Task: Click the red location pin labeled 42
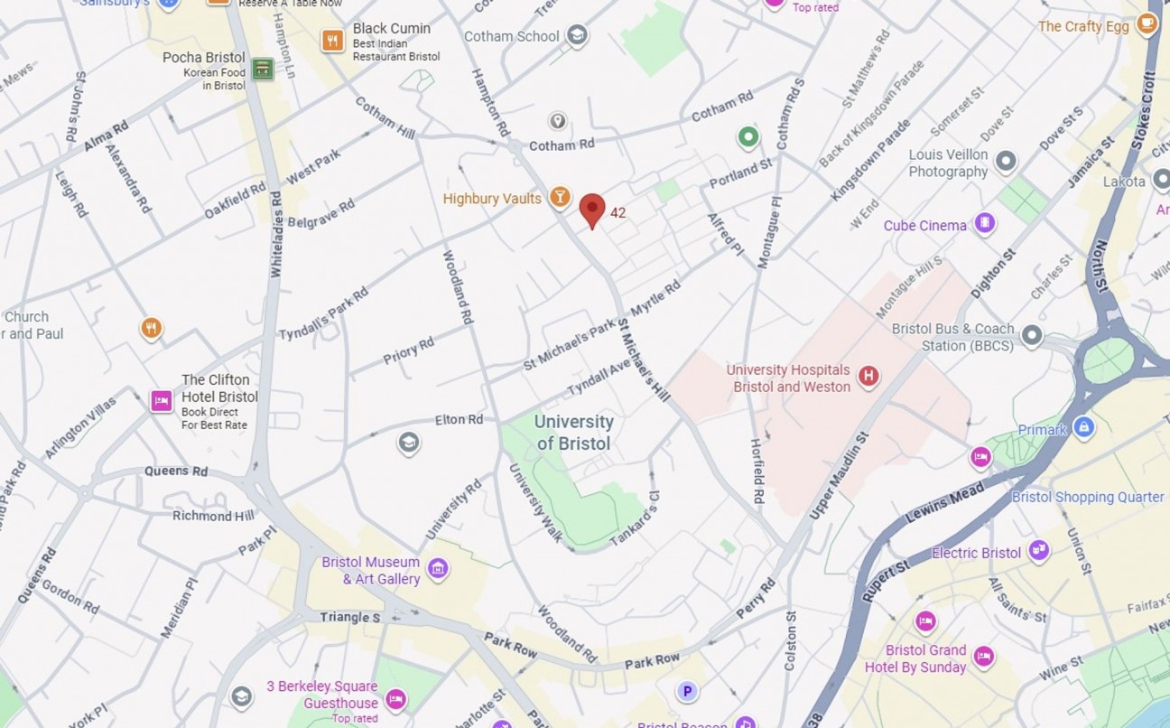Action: point(591,210)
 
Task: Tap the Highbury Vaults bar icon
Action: point(561,197)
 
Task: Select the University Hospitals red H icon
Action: point(868,377)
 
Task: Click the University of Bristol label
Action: point(574,433)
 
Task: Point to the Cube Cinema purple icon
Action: point(984,223)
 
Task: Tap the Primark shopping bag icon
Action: point(1084,427)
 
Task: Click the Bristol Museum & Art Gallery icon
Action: point(439,569)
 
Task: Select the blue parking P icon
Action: point(687,692)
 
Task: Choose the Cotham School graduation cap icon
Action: point(577,36)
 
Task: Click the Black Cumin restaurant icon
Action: point(333,41)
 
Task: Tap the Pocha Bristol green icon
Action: point(263,69)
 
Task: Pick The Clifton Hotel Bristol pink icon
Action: point(162,400)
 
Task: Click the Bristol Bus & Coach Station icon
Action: point(1031,337)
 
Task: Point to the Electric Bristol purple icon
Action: point(1038,551)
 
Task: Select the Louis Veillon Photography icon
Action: point(1006,163)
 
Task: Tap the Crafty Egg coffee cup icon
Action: point(1147,24)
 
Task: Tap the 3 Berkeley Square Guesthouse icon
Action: point(395,699)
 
